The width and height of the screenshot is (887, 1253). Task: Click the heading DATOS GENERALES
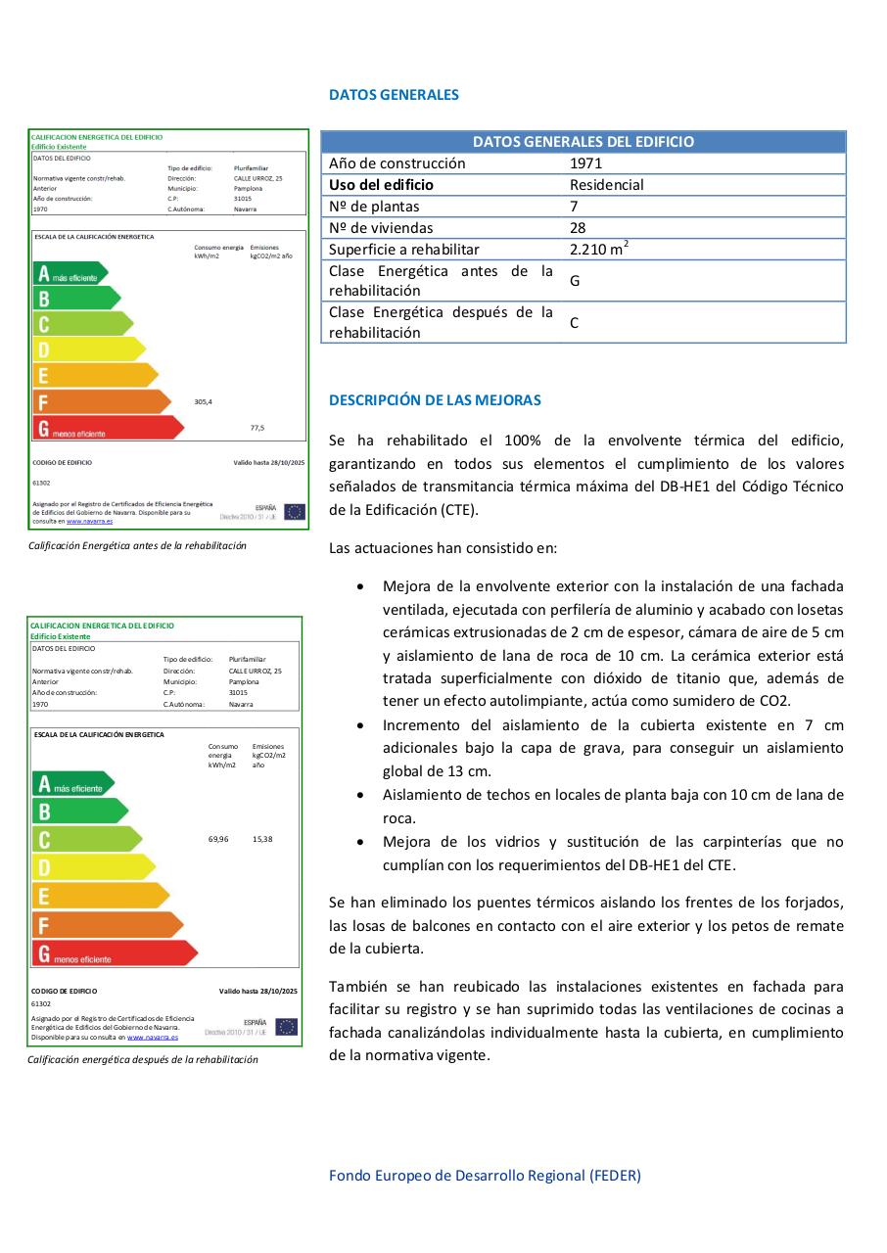point(394,95)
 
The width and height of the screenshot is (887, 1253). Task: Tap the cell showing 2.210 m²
point(598,249)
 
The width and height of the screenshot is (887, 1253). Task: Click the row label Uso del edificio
point(381,185)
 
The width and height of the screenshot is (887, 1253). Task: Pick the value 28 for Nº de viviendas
point(578,228)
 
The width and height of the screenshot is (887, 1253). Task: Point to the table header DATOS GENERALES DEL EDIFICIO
point(583,142)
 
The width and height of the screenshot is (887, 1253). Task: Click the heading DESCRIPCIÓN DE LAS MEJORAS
point(435,400)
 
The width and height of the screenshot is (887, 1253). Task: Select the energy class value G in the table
point(575,281)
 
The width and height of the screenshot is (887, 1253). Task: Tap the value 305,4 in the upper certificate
point(204,401)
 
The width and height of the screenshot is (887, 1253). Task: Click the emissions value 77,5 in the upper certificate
point(257,427)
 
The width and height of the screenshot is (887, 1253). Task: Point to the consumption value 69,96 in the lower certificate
point(218,839)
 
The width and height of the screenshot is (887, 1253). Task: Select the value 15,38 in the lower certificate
point(262,839)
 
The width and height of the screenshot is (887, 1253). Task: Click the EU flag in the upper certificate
point(294,511)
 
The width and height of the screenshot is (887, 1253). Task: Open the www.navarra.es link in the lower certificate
point(153,1037)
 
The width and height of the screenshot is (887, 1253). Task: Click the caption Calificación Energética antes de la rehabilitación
point(138,545)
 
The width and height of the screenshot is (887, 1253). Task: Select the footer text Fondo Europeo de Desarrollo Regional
point(485,1176)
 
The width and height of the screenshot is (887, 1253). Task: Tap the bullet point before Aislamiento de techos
point(362,796)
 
